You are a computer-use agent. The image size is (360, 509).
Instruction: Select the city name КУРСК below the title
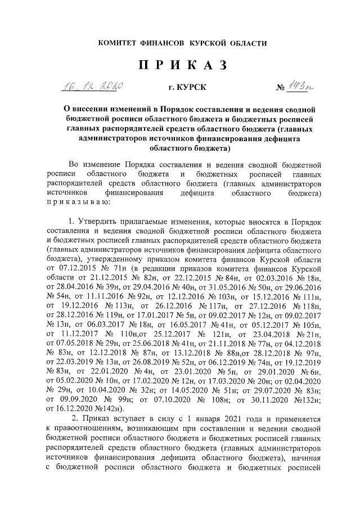[192, 88]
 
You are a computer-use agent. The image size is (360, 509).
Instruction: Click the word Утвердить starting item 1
[101, 225]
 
